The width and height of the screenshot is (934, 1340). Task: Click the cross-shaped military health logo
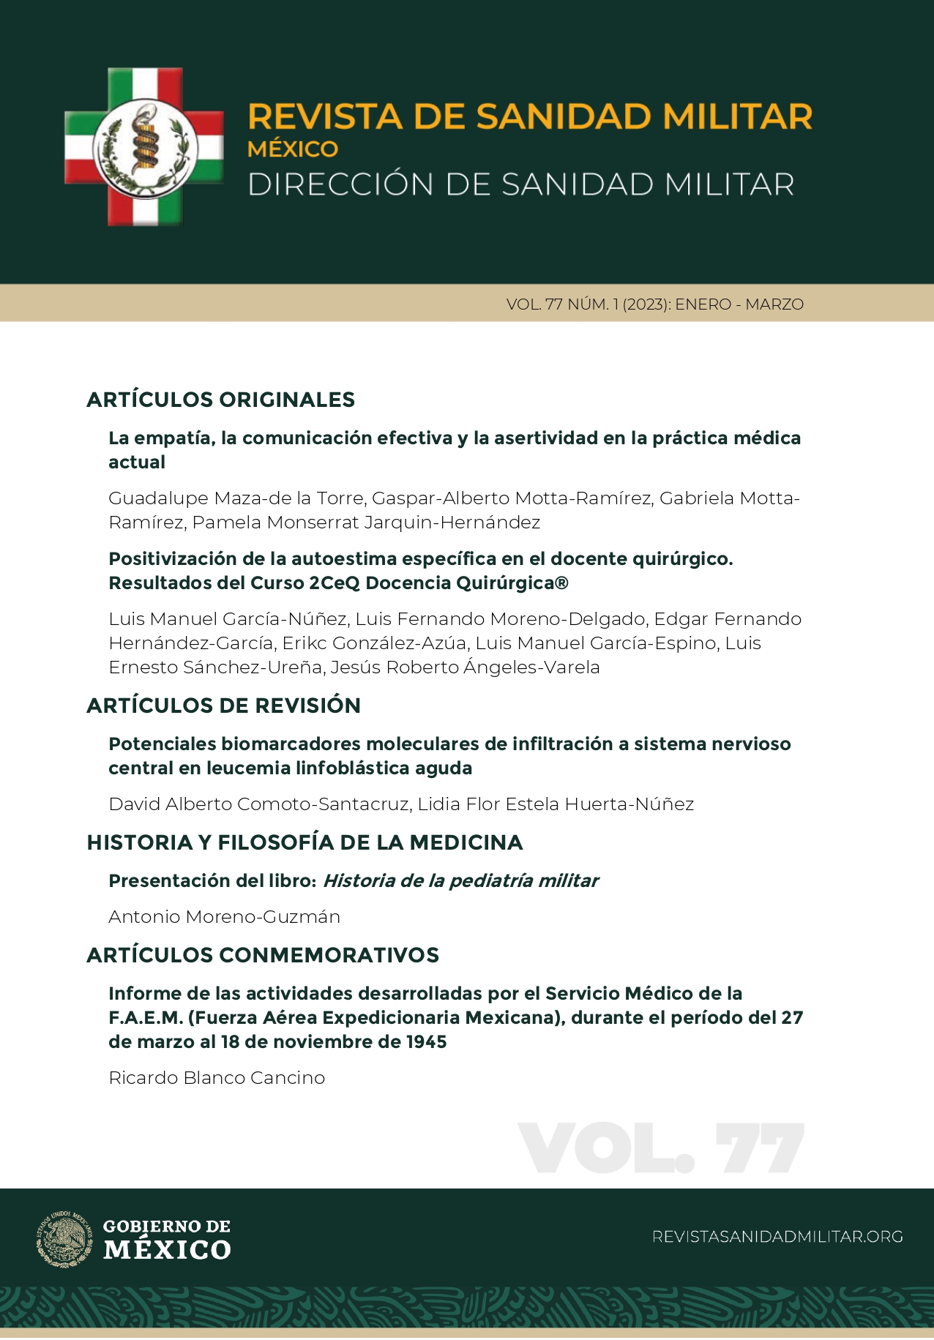tap(144, 146)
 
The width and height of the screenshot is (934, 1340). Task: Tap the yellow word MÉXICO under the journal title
tap(293, 149)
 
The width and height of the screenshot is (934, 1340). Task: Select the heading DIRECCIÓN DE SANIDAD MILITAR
tap(521, 184)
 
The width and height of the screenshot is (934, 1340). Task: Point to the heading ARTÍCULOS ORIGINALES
tap(220, 400)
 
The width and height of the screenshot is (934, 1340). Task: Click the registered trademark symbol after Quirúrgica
tap(561, 583)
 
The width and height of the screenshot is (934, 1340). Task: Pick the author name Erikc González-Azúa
tap(374, 643)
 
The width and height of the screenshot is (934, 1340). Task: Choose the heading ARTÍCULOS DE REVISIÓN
tap(223, 705)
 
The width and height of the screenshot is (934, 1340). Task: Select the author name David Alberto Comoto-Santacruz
tap(258, 804)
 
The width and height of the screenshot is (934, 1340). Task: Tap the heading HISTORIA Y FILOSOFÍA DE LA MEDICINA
tap(305, 842)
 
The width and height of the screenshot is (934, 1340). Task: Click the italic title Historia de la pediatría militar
tap(460, 881)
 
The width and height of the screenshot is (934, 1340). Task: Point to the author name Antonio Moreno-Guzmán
tap(224, 917)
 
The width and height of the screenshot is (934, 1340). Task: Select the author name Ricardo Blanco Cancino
tap(217, 1078)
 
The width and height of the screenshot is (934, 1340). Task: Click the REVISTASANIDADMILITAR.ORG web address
tap(777, 1237)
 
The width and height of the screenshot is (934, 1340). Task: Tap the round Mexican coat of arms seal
tap(64, 1239)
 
